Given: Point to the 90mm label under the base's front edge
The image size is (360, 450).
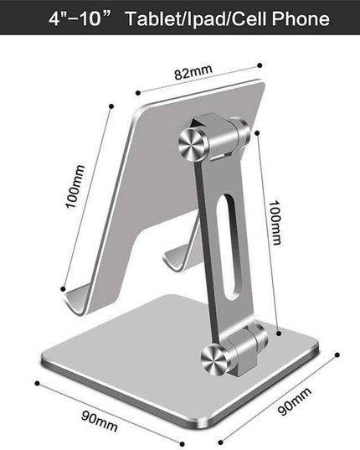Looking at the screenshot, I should pos(101,416).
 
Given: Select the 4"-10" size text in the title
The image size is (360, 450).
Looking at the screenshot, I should pos(71,18).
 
